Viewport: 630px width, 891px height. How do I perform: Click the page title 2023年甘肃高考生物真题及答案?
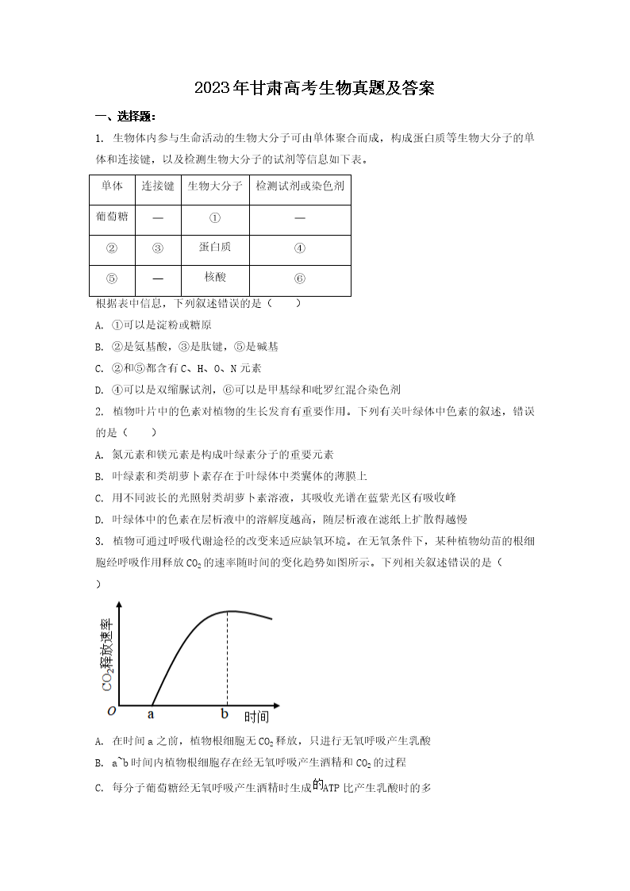point(314,88)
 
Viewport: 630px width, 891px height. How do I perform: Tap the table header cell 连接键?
point(157,186)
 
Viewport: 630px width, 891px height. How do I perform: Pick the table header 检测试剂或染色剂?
point(299,186)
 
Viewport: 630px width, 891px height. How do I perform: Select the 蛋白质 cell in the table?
point(214,247)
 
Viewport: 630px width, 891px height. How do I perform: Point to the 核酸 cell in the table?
point(214,277)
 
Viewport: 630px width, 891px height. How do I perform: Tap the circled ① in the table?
point(214,217)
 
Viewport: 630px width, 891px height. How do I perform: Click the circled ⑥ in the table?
point(299,278)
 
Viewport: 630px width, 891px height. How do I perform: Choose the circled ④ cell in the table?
point(299,248)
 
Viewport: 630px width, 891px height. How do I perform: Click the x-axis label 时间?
point(256,717)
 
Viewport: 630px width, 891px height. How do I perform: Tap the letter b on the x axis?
point(225,714)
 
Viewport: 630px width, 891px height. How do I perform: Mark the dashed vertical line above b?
point(229,659)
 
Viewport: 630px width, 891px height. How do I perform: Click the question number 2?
point(98,412)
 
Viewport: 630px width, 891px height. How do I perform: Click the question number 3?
point(98,541)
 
